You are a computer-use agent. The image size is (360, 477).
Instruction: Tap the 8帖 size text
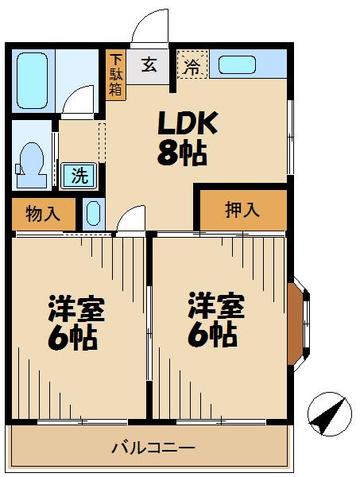click(x=182, y=153)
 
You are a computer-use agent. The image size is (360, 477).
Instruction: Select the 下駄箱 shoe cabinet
click(x=116, y=75)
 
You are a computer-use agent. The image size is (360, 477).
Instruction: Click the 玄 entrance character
click(x=149, y=67)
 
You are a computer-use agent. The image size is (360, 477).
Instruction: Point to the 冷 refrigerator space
click(x=192, y=66)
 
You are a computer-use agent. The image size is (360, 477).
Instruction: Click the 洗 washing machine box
click(x=79, y=175)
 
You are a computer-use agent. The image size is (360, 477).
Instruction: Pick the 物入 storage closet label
click(x=43, y=213)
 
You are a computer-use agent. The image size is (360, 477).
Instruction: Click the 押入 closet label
click(x=242, y=210)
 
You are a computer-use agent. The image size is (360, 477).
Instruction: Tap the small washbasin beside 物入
click(x=92, y=214)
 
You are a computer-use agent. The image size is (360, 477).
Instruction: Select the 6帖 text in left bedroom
click(x=72, y=339)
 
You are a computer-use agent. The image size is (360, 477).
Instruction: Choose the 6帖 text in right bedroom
click(x=212, y=335)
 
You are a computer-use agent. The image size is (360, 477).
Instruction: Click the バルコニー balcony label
click(x=153, y=448)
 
